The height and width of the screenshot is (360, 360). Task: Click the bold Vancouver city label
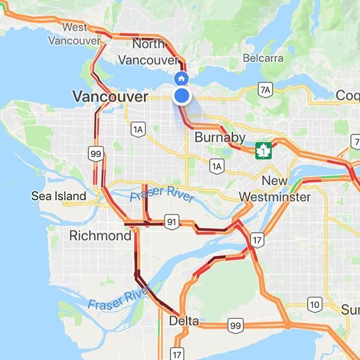pyautogui.click(x=110, y=97)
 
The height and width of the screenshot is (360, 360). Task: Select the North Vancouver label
pyautogui.click(x=155, y=51)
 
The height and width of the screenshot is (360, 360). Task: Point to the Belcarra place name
pyautogui.click(x=262, y=57)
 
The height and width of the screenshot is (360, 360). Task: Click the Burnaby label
pyautogui.click(x=219, y=137)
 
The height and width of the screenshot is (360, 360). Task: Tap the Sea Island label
pyautogui.click(x=58, y=196)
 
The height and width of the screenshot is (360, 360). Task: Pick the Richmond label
pyautogui.click(x=100, y=236)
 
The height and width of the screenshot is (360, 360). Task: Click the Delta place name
pyautogui.click(x=183, y=321)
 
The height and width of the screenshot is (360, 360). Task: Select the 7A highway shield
pyautogui.click(x=265, y=89)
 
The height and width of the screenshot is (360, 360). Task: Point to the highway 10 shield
pyautogui.click(x=314, y=304)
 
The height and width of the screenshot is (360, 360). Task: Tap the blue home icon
pyautogui.click(x=181, y=79)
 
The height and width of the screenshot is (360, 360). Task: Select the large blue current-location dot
pyautogui.click(x=181, y=96)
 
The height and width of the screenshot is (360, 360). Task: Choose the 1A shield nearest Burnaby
pyautogui.click(x=216, y=165)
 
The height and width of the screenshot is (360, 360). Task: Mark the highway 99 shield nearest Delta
pyautogui.click(x=235, y=325)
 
